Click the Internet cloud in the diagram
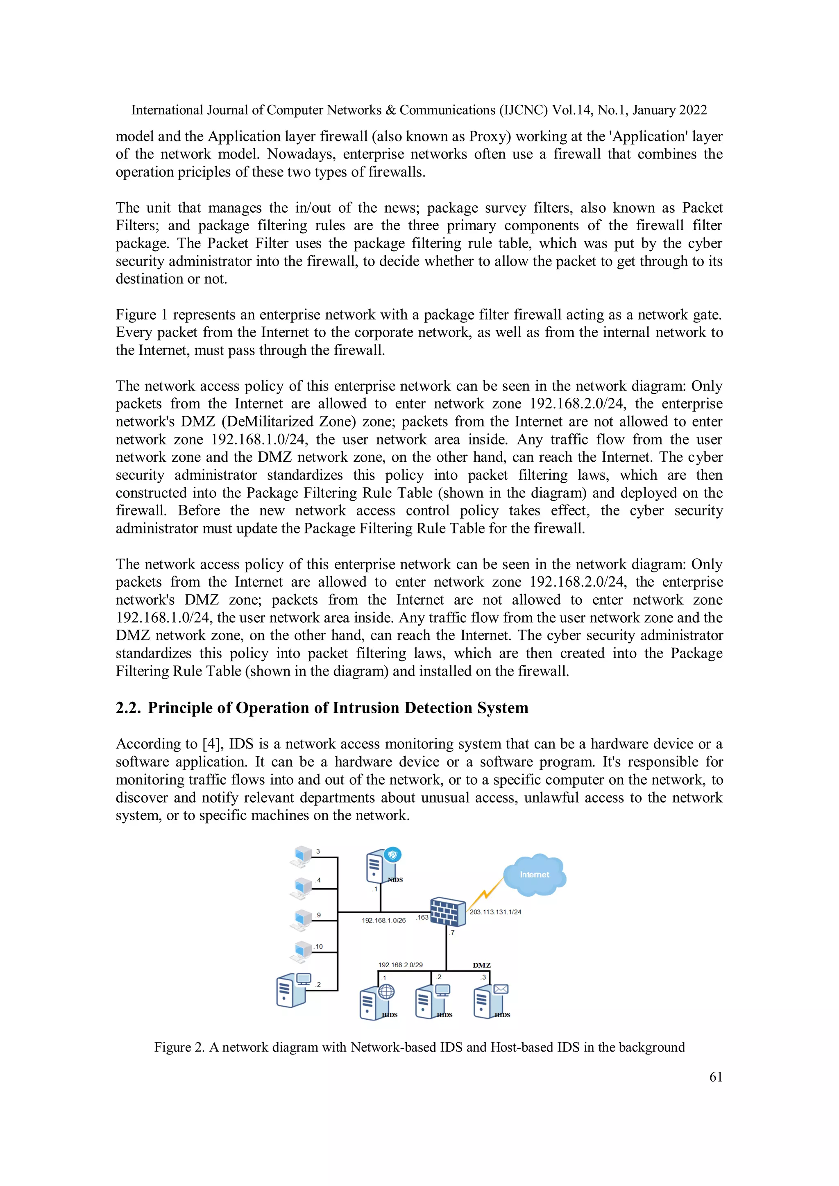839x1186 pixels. click(534, 875)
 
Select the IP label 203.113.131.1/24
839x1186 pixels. click(495, 912)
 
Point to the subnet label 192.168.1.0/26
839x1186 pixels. click(383, 920)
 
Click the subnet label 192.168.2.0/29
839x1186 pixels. click(400, 964)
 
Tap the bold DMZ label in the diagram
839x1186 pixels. click(481, 965)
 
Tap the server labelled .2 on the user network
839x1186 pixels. click(293, 989)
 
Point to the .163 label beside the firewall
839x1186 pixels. click(423, 917)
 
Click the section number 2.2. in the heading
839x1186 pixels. click(128, 708)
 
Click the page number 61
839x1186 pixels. click(716, 1077)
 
